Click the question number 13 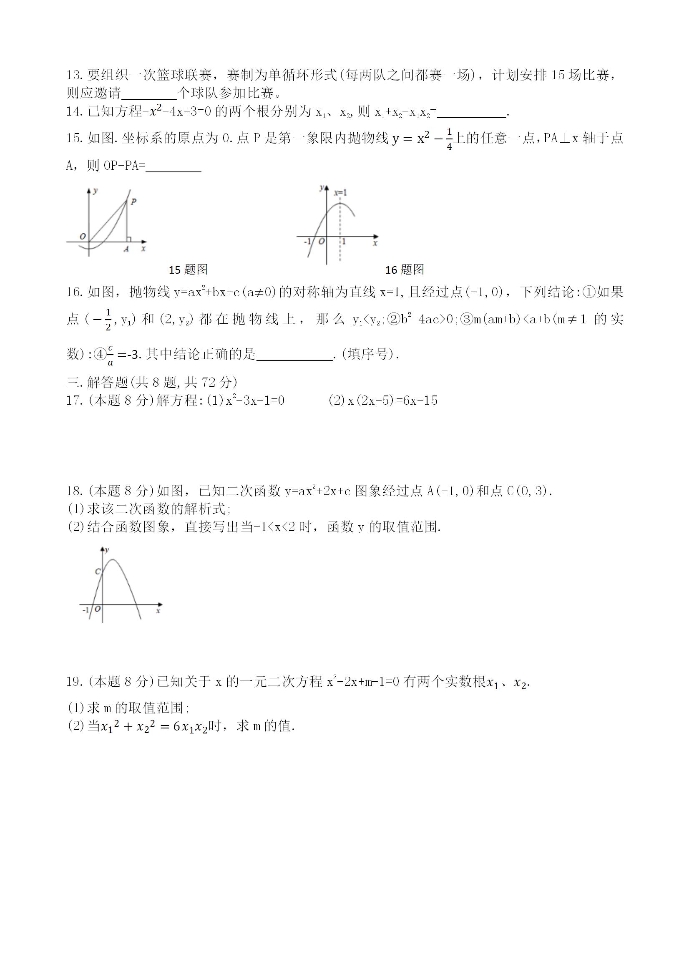75,76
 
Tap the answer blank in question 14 472,113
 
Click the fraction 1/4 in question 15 450,139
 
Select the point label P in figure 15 133,202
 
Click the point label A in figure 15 126,249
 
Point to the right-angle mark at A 129,239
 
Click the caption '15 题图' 188,270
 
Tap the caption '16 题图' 404,270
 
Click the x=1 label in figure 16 340,193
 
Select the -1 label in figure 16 307,242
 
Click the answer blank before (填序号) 294,355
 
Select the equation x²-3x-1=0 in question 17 255,401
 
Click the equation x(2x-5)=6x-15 392,401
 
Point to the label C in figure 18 97,572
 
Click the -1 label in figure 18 86,610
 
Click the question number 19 75,682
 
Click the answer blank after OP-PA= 173,166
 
